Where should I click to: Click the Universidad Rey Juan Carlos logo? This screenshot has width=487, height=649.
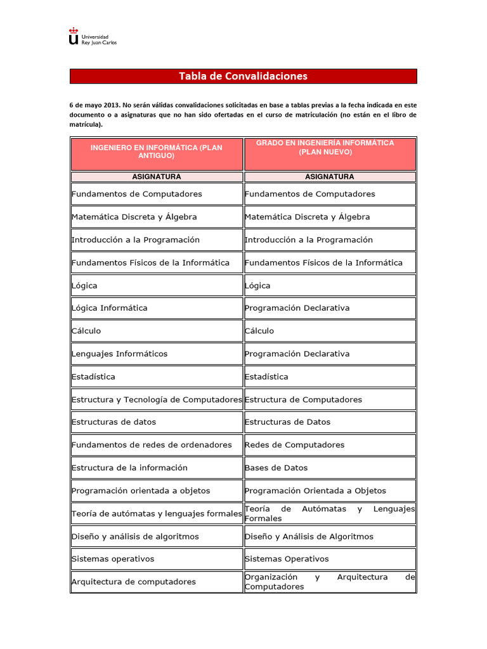(93, 37)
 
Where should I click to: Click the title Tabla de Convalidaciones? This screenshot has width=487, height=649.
(243, 76)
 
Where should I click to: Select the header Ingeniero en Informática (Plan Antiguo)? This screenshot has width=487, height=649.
(156, 151)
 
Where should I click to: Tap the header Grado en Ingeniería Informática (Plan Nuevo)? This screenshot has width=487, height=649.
(329, 148)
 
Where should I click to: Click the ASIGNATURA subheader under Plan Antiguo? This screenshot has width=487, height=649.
(156, 177)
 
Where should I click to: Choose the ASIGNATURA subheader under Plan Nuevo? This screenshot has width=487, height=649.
(329, 177)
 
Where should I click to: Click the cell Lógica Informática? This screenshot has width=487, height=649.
(110, 308)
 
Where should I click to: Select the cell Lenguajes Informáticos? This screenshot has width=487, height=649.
(119, 354)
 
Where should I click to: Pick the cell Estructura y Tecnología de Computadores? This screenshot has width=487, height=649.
(156, 399)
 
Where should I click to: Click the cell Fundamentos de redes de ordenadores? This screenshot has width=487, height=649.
(152, 445)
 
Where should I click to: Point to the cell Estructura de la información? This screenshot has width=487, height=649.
(130, 468)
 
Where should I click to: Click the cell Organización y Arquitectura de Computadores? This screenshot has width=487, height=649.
(329, 582)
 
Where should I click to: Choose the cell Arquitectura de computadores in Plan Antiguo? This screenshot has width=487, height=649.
(134, 582)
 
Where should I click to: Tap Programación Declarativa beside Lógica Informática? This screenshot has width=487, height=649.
(297, 308)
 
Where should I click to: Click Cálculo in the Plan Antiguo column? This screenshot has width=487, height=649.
(86, 331)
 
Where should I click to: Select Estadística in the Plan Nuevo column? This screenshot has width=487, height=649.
(266, 376)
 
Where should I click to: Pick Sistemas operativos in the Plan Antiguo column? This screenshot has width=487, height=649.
(113, 559)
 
